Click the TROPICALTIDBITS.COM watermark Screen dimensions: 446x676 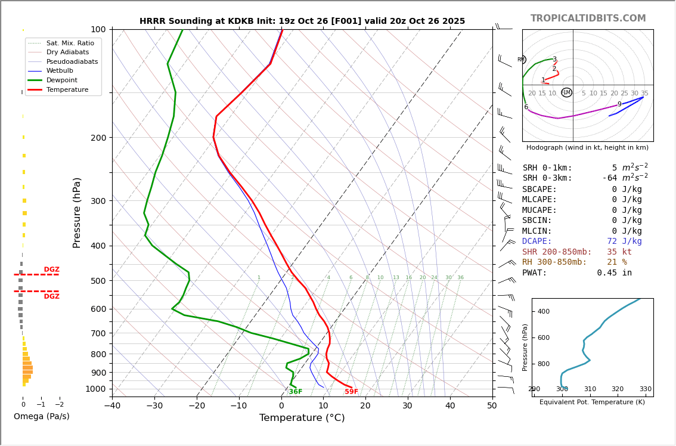point(588,18)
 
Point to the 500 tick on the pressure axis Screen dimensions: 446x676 point(98,281)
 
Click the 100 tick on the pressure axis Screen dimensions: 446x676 point(98,29)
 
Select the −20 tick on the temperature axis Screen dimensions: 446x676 point(197,406)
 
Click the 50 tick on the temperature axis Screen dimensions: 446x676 point(492,406)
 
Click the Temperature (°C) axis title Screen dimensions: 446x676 point(302,418)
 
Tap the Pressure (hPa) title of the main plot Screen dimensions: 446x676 point(77,212)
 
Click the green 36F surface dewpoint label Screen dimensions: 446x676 point(295,392)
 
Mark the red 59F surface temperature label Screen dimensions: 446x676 point(351,392)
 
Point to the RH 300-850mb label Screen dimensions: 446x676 point(554,262)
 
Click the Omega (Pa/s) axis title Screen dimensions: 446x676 point(41,417)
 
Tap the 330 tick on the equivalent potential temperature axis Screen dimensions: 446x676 point(645,389)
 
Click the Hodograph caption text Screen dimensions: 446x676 point(587,147)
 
